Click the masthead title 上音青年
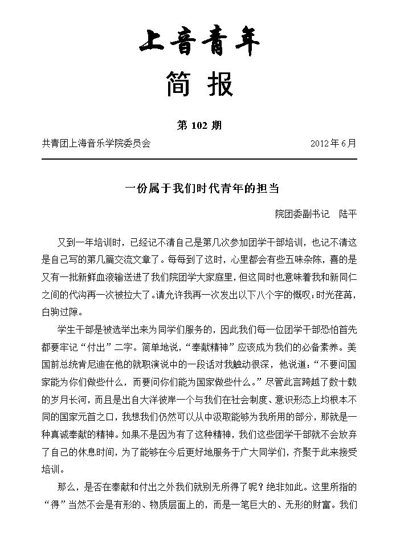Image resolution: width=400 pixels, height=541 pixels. [199, 43]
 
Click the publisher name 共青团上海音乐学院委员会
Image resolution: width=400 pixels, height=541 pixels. [96, 144]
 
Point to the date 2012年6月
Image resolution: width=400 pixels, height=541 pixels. [333, 144]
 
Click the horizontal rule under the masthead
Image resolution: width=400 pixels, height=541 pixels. [199, 158]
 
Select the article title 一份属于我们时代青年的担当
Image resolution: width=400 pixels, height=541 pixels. [200, 189]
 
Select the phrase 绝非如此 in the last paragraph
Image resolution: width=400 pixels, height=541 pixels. [267, 488]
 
